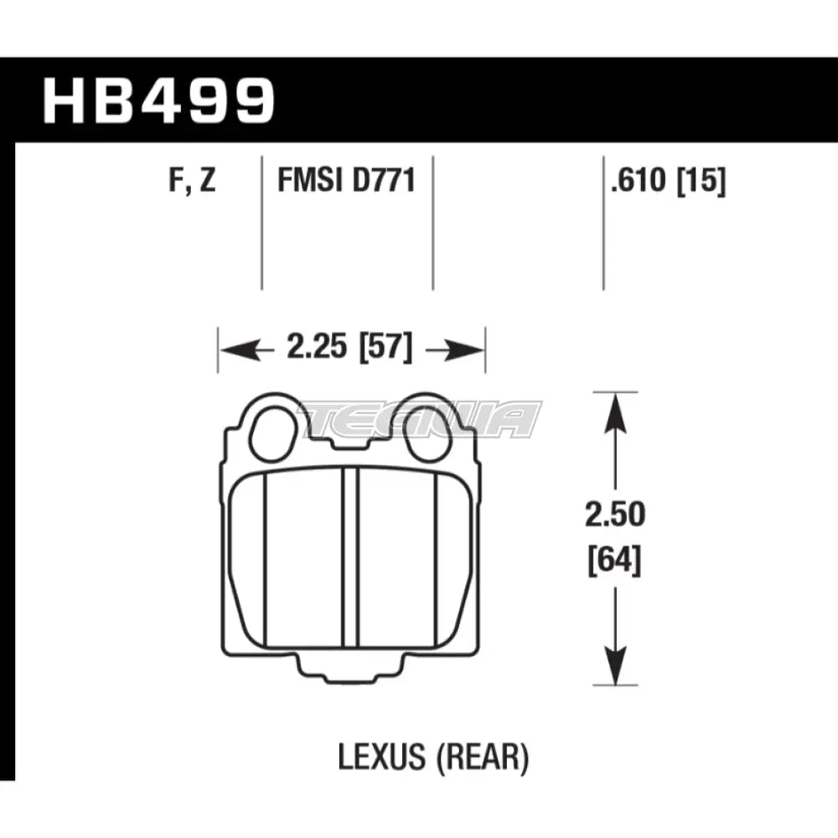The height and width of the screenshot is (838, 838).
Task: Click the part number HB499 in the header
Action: pos(159,101)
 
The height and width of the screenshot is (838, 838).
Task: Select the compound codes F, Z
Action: pos(191,180)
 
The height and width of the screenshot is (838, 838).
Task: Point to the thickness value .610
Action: pos(641,180)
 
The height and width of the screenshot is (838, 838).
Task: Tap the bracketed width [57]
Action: pos(385,347)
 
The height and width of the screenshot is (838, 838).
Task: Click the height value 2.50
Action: pos(616,515)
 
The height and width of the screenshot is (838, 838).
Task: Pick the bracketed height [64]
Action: pos(616,559)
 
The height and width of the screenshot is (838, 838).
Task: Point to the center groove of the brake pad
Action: pos(351,558)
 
